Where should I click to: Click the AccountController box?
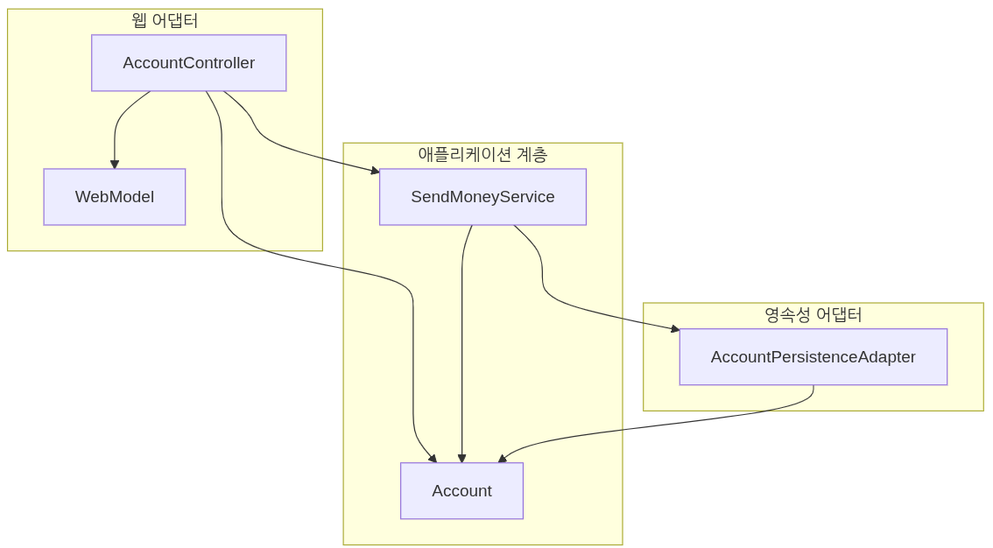(188, 63)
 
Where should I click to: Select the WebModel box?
(115, 197)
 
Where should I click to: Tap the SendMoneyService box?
(482, 197)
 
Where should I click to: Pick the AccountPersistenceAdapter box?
(813, 357)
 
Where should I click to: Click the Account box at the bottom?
(461, 491)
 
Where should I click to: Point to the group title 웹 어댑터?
(165, 20)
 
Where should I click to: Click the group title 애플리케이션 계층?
(482, 155)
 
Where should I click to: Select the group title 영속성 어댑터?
(813, 315)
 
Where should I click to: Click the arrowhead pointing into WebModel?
(115, 165)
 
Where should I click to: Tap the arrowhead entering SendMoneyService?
(375, 172)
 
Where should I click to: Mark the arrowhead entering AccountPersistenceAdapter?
(675, 329)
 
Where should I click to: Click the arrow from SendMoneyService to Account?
(461, 350)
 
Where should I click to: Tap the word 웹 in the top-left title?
(138, 20)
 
